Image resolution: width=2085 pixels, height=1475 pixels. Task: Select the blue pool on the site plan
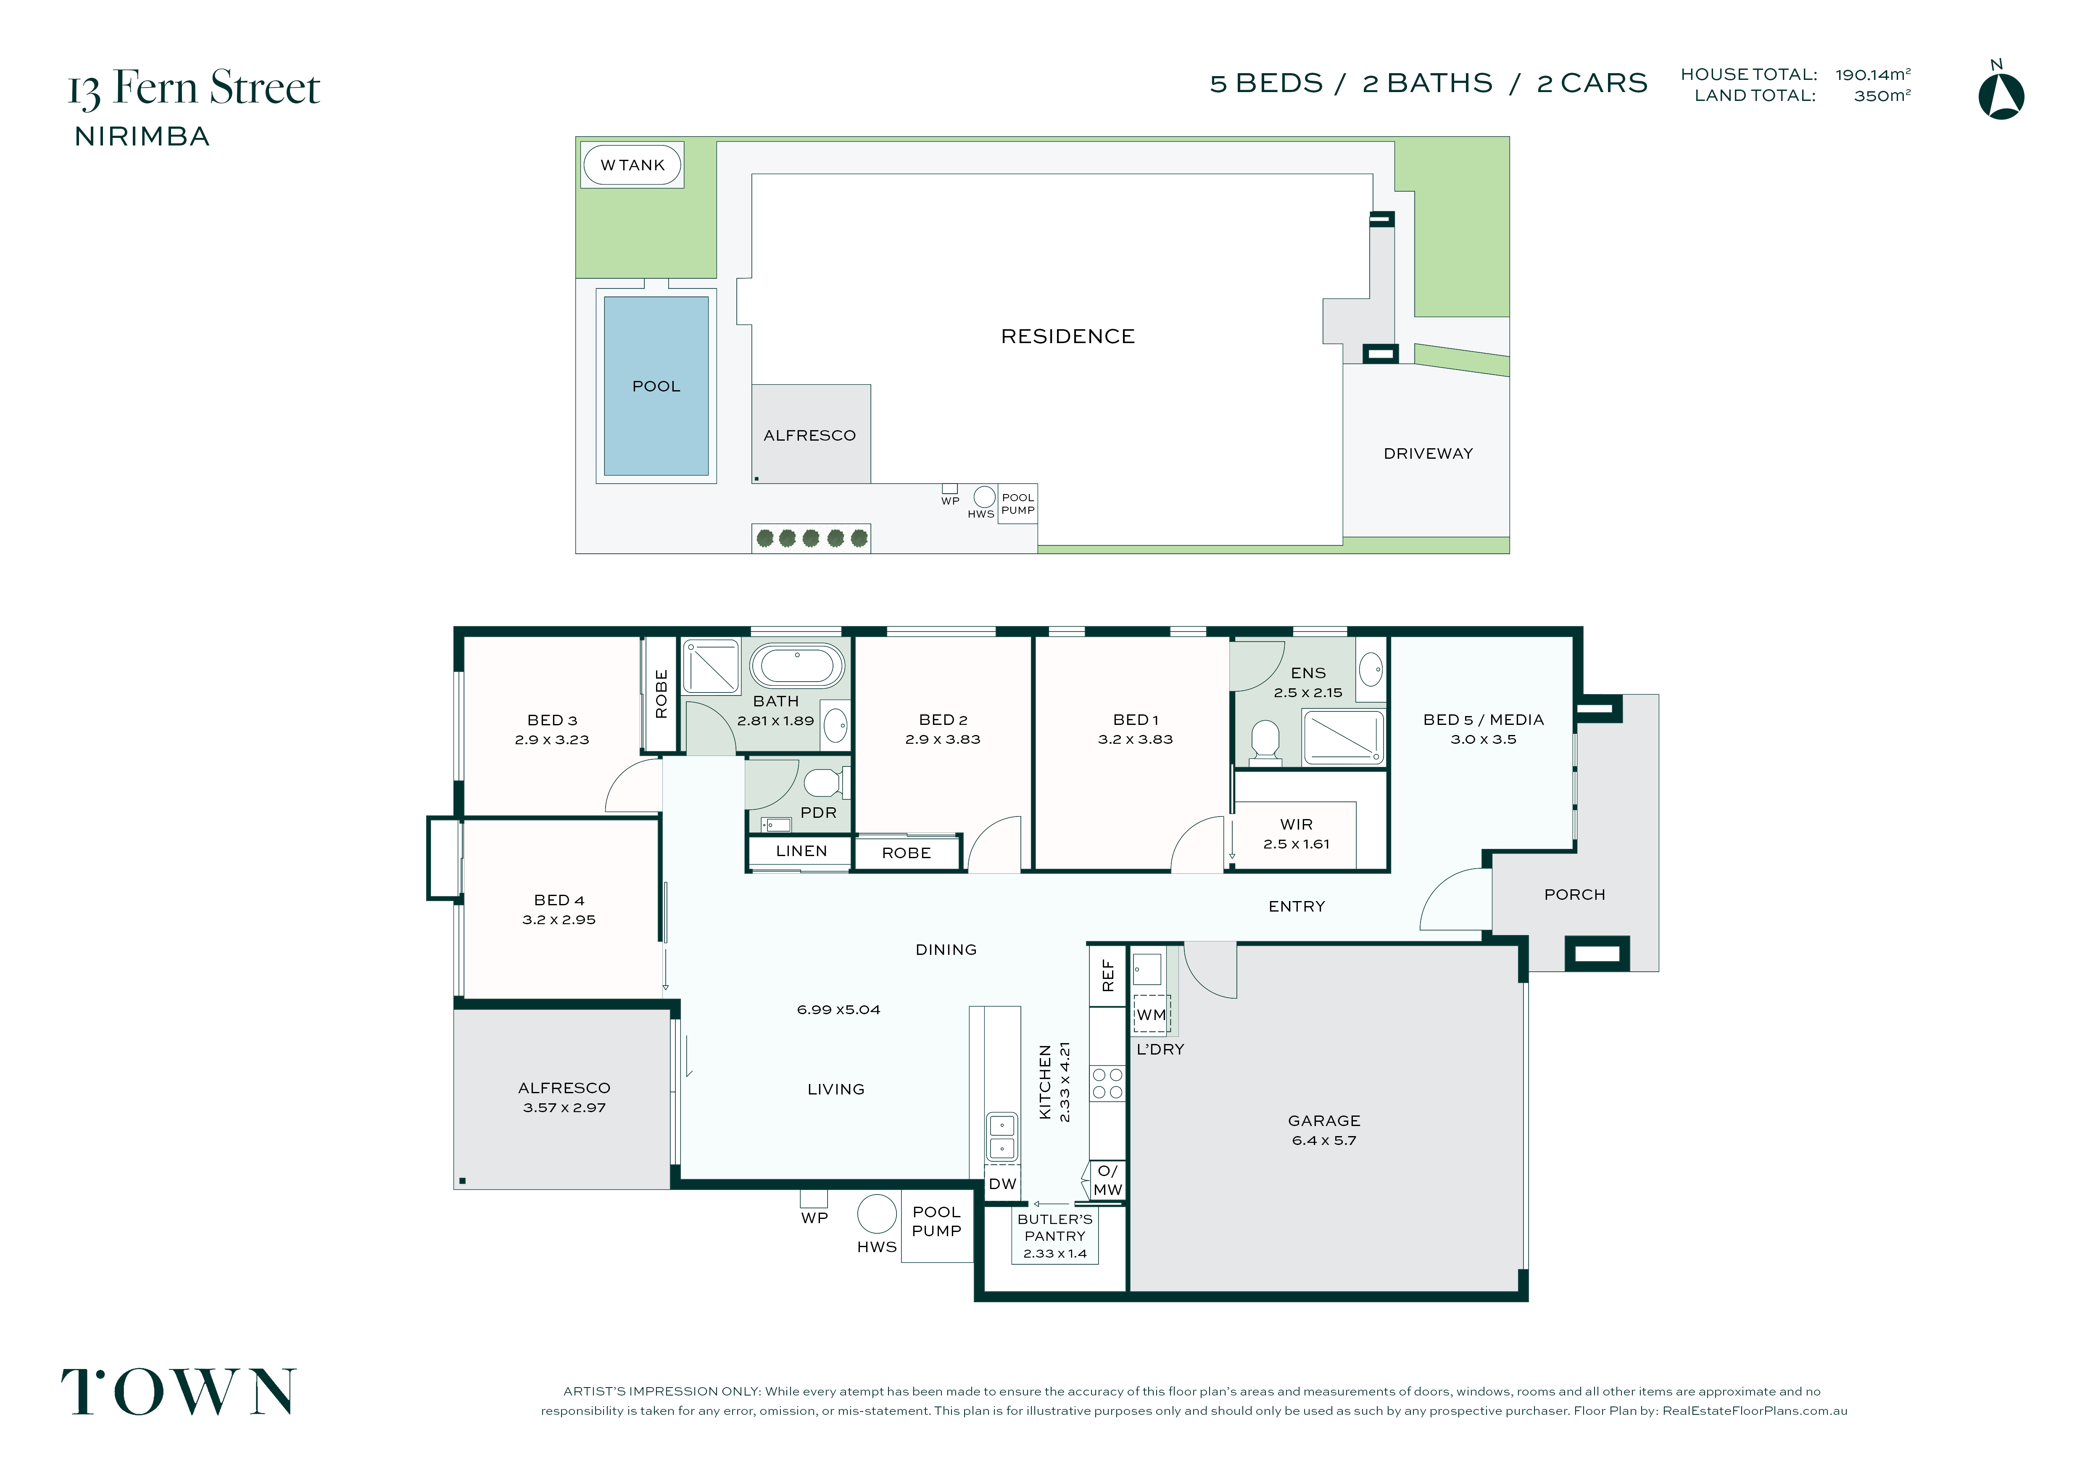656,386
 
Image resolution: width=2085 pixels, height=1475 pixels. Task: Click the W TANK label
633,165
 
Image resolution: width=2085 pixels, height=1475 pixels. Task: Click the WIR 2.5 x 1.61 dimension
1297,844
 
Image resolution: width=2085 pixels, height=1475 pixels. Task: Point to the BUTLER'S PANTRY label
1055,1227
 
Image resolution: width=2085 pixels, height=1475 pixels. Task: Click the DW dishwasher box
1002,1184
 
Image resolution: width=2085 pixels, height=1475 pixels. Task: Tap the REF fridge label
1108,975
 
